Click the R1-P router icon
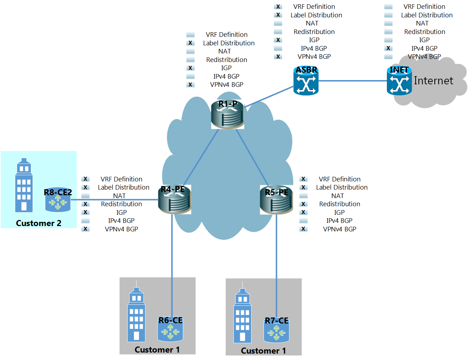pos(227,115)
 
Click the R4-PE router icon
pos(175,200)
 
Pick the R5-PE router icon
pos(276,201)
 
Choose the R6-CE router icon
pos(170,330)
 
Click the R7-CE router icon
pos(276,331)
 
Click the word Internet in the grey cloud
pos(433,81)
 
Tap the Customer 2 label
pos(39,223)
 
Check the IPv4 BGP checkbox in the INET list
pos(389,48)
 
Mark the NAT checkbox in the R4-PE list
pos(85,196)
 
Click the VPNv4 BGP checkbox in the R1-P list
pos(191,85)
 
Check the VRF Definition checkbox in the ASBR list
pos(278,7)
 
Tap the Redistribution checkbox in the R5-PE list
pos(303,204)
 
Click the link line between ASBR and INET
pos(353,81)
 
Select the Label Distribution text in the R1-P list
pos(229,43)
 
